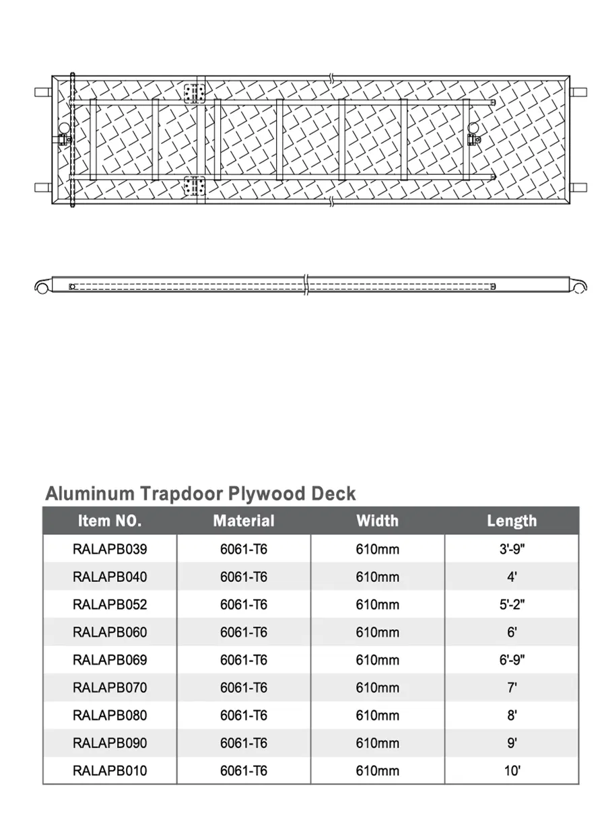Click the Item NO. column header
tap(109, 521)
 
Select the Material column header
tap(244, 521)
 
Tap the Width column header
tap(377, 521)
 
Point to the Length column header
tap(512, 521)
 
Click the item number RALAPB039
tap(109, 549)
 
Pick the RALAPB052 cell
tap(109, 604)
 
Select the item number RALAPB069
tap(109, 660)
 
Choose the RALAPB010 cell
tap(109, 770)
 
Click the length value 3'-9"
tap(512, 549)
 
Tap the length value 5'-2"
tap(512, 604)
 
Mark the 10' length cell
tap(512, 770)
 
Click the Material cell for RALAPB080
tap(244, 715)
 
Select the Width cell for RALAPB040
tap(377, 577)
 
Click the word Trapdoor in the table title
tap(182, 494)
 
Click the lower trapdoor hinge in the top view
tap(194, 185)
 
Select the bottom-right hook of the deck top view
tap(578, 187)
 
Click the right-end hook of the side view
tap(578, 286)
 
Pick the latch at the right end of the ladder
tap(473, 139)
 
